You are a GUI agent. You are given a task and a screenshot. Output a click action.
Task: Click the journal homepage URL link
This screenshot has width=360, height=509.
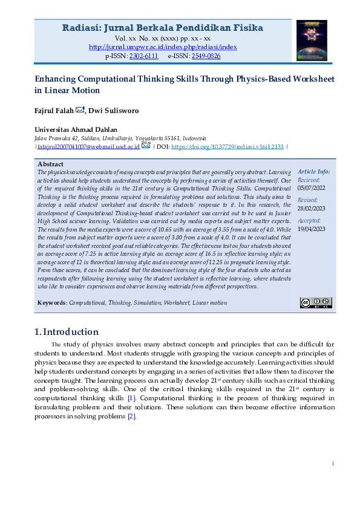click(x=163, y=47)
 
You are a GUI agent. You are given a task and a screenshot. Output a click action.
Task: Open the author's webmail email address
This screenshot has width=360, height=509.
click(x=88, y=146)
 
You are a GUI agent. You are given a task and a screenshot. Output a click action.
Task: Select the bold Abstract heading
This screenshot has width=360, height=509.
click(x=50, y=164)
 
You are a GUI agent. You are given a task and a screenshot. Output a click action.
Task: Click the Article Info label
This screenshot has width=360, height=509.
click(x=313, y=172)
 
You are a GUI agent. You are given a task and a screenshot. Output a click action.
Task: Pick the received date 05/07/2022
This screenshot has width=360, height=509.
click(x=312, y=188)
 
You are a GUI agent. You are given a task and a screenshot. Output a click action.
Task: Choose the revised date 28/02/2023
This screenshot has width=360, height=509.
click(x=312, y=209)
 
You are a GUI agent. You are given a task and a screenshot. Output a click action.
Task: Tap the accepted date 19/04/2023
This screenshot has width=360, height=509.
click(x=312, y=229)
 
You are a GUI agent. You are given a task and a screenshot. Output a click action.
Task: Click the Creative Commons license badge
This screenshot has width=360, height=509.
click(x=316, y=302)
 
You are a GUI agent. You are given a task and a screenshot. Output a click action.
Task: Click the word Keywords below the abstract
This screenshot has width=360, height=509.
click(x=51, y=302)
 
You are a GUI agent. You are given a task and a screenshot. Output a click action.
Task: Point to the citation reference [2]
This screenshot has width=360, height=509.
click(x=132, y=417)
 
